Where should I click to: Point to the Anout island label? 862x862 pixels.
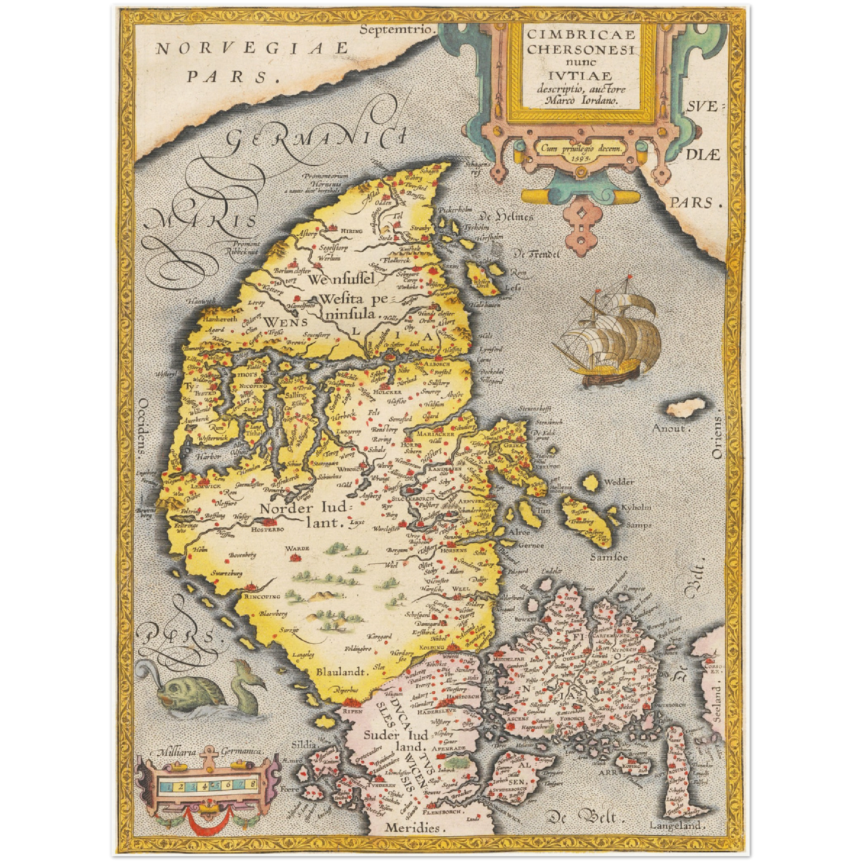pyautogui.click(x=672, y=428)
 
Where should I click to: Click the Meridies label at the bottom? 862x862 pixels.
pyautogui.click(x=412, y=827)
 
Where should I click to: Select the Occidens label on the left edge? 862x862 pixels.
pyautogui.click(x=142, y=427)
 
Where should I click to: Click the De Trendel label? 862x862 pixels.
pyautogui.click(x=537, y=254)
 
